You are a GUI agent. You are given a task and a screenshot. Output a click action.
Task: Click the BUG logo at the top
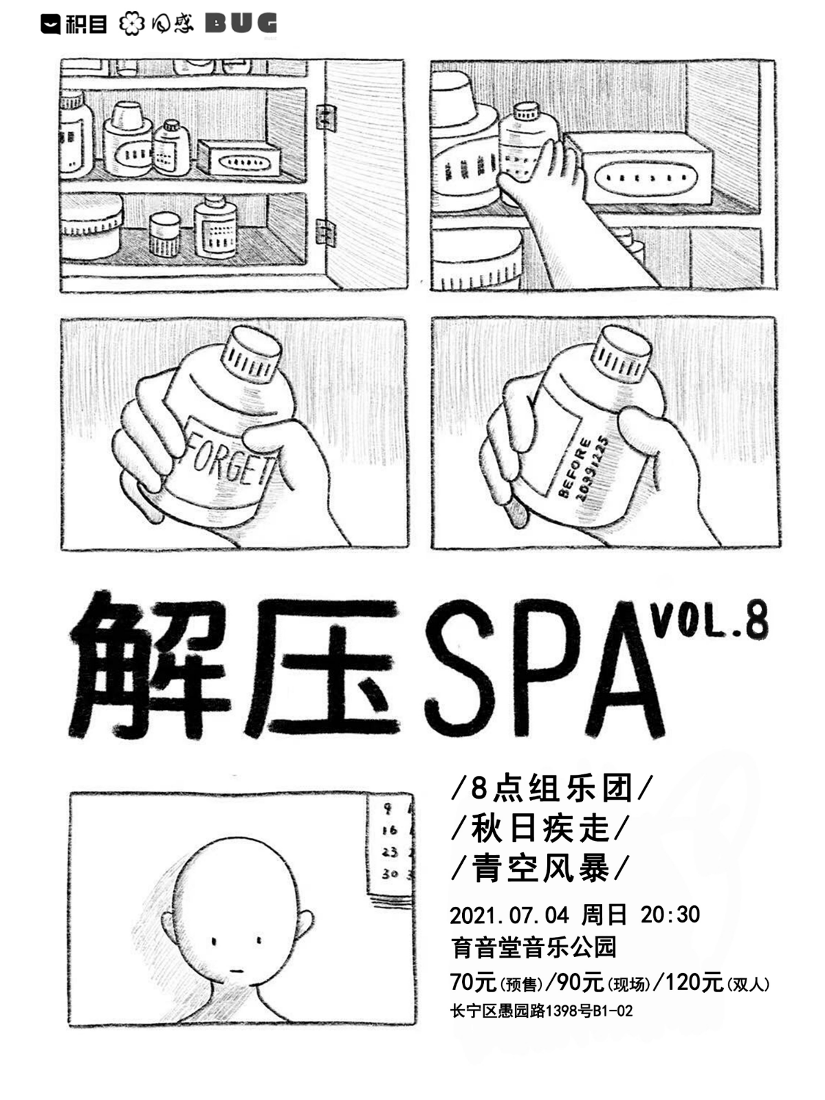[x=241, y=24]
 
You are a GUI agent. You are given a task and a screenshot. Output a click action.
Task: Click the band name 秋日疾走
[x=540, y=828]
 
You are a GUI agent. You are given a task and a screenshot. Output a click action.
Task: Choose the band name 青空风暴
[x=540, y=868]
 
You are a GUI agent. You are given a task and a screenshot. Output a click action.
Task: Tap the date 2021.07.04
[x=509, y=915]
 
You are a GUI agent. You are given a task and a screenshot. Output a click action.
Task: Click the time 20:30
[x=670, y=915]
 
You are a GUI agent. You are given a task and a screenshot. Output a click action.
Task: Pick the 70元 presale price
[x=473, y=982]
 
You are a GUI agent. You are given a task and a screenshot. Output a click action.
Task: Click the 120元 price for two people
[x=694, y=982]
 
